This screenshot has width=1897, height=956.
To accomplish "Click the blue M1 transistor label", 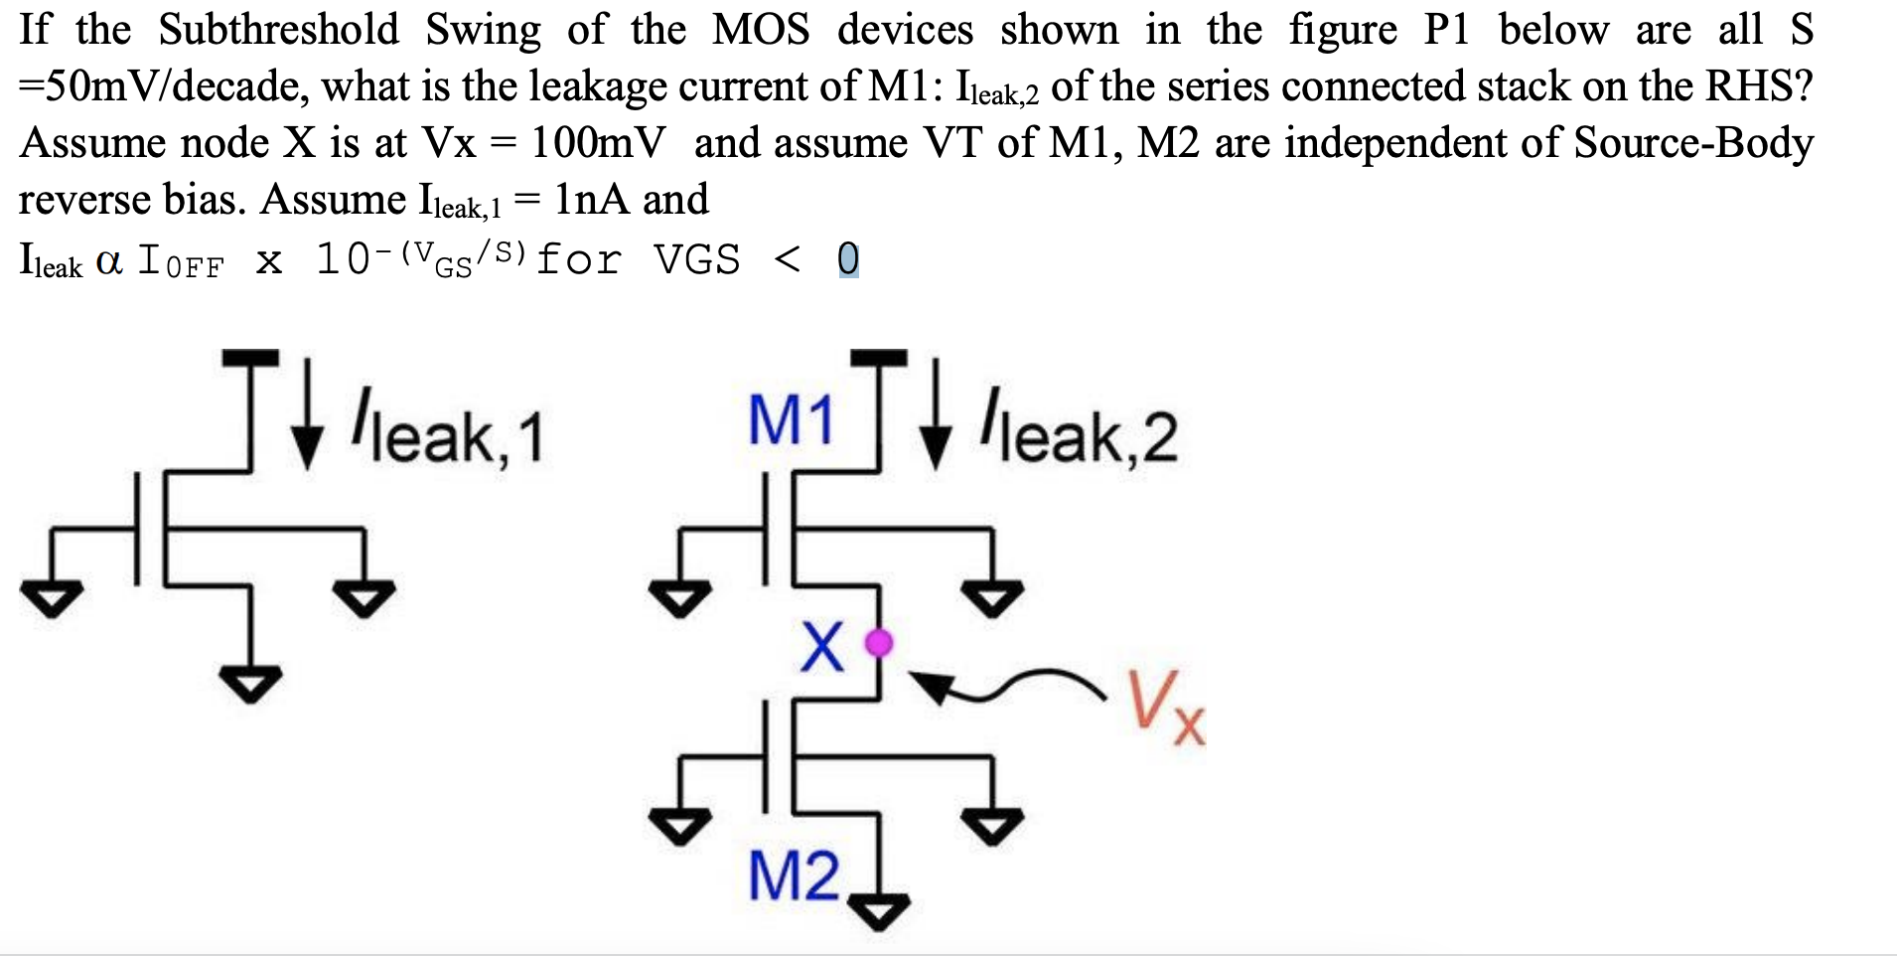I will [791, 420].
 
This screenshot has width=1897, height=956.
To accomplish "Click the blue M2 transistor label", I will [794, 876].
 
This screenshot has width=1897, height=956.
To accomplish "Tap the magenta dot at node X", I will [879, 643].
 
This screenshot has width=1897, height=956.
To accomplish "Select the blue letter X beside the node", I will [822, 647].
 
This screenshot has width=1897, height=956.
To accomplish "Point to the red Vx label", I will [1166, 707].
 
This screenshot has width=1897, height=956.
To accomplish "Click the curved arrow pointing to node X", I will [1003, 686].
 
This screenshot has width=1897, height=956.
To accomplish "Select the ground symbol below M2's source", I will [878, 910].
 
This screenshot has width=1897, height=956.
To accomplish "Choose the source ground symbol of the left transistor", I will [250, 684].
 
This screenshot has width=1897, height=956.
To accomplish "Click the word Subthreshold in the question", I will [278, 30].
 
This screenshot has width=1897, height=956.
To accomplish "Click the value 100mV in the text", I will [598, 143].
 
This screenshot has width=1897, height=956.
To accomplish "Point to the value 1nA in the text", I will [592, 200].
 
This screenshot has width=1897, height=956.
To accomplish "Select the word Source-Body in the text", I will [1693, 143].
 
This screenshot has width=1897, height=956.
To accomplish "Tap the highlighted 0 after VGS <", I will [848, 260].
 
